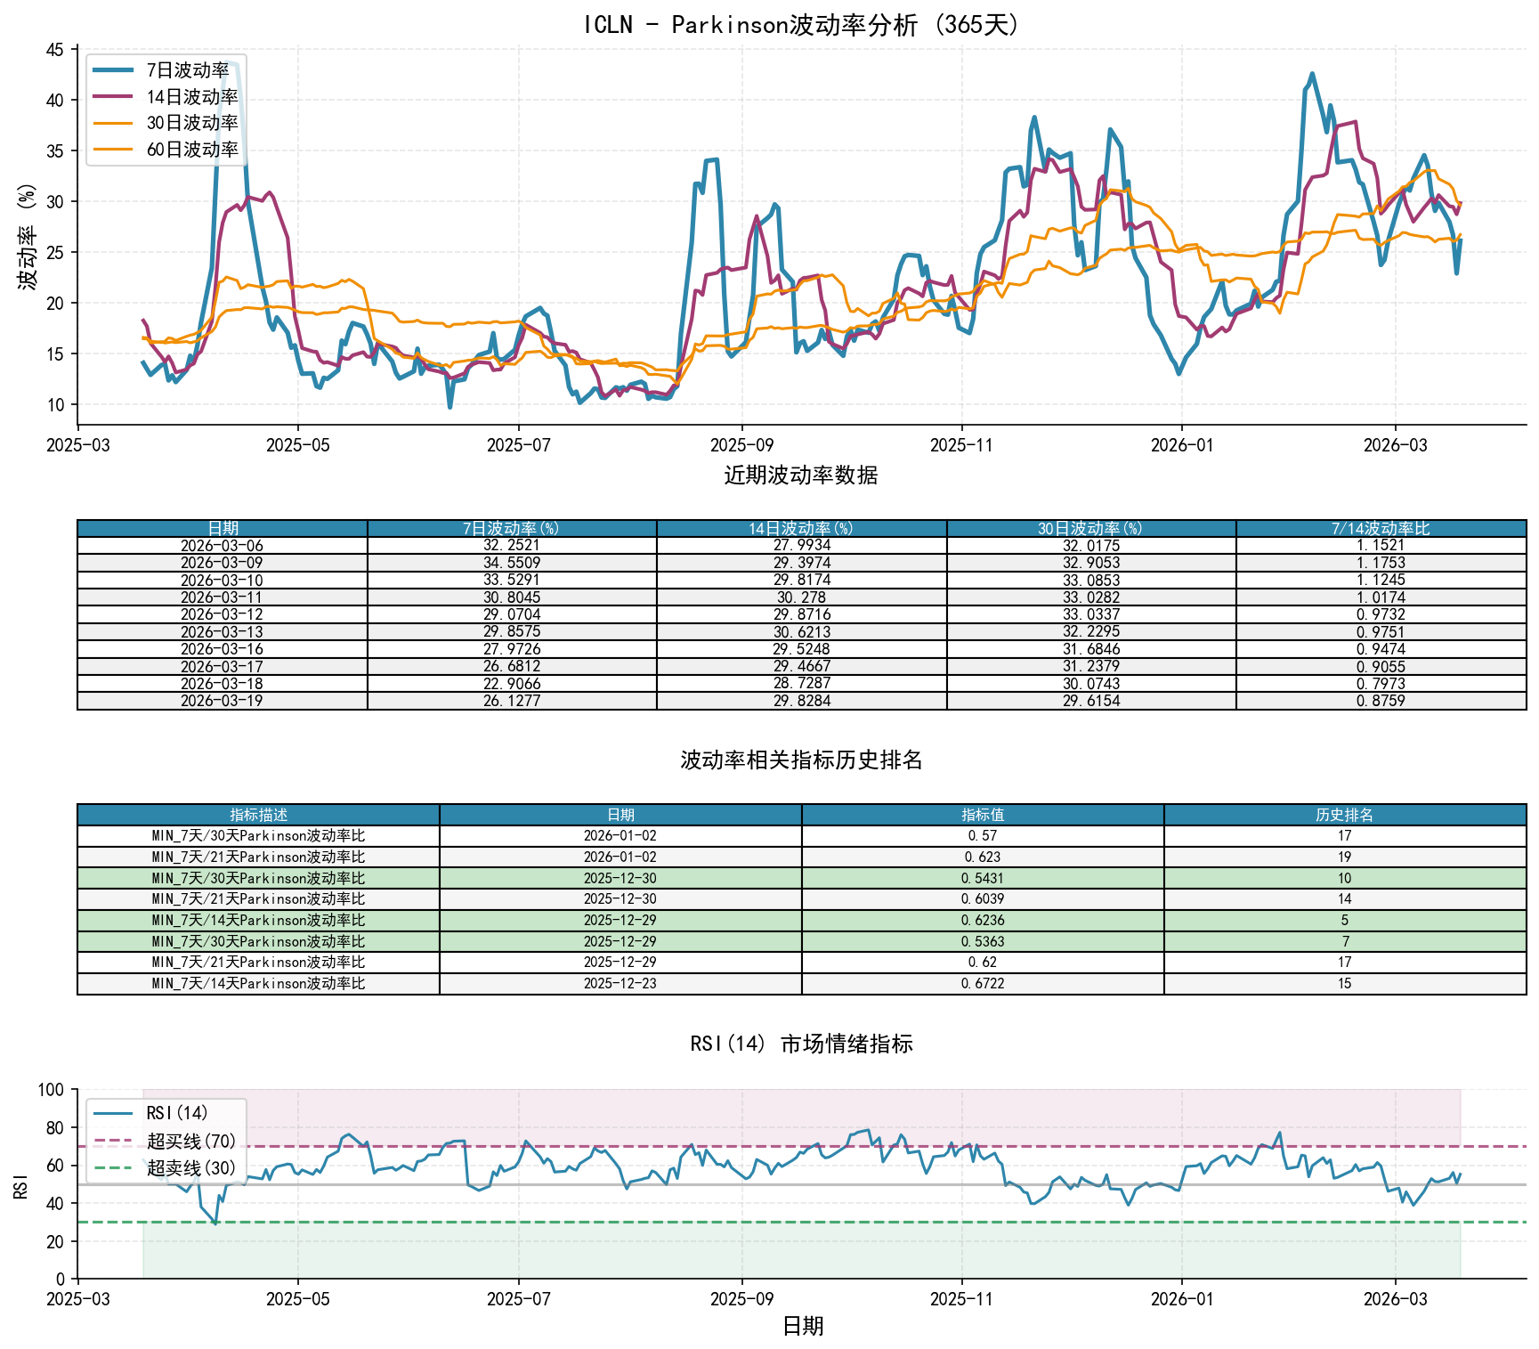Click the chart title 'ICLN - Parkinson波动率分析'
click(801, 25)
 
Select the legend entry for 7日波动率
click(188, 70)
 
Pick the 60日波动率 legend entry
click(192, 150)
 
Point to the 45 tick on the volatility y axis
click(55, 50)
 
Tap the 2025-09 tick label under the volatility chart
click(741, 445)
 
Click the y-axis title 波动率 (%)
click(28, 236)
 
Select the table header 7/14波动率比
click(1381, 529)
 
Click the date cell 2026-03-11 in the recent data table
click(222, 597)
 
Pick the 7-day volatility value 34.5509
click(511, 563)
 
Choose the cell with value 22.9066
click(511, 684)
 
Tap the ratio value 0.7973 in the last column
click(1381, 684)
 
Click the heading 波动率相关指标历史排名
click(801, 760)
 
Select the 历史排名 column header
click(1344, 815)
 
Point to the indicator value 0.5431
click(983, 878)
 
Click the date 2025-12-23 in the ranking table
click(620, 984)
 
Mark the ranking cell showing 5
click(1344, 921)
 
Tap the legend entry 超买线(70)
click(191, 1142)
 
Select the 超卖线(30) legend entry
click(191, 1168)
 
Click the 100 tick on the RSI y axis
click(51, 1090)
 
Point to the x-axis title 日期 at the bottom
click(802, 1327)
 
